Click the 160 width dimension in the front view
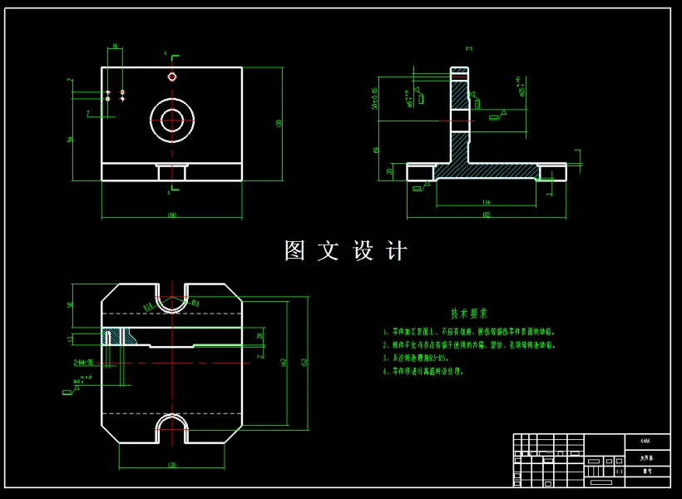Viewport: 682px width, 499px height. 172,215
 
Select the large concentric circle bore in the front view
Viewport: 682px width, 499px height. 172,119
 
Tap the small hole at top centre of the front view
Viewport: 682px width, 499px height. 172,77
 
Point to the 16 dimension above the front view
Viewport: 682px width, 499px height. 115,47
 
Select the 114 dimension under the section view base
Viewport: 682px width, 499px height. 486,202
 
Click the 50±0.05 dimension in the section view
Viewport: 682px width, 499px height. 375,97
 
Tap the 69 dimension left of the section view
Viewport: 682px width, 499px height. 377,150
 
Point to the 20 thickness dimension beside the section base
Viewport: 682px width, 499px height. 389,171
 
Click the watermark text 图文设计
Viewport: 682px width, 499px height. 346,251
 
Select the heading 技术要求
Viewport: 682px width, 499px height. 469,314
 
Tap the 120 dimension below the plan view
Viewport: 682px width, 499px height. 172,465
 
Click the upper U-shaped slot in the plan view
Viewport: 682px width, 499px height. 172,301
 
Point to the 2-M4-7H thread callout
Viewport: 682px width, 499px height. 84,363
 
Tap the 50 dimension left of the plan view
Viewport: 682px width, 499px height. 71,305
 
